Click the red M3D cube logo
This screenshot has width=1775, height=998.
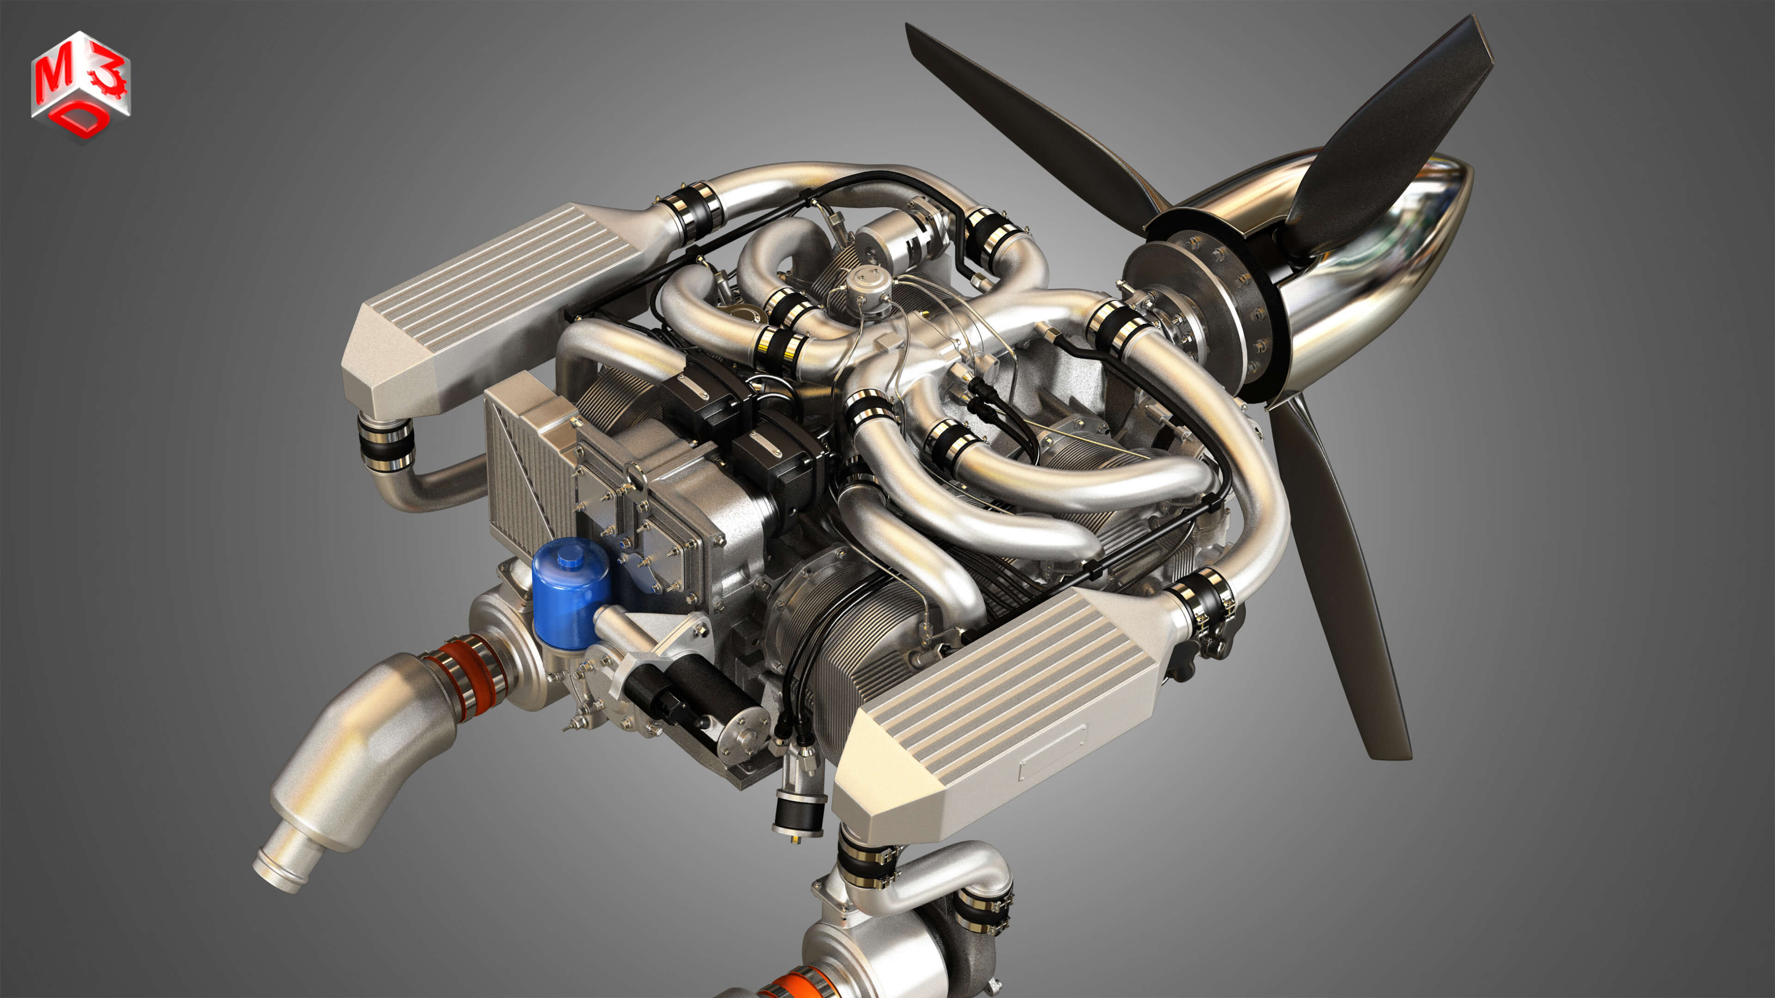[x=80, y=86]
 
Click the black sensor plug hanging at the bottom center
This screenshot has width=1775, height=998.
[x=799, y=813]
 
